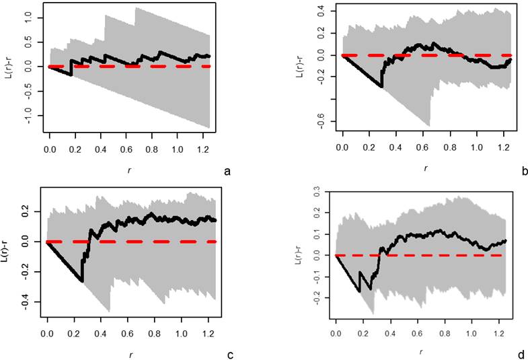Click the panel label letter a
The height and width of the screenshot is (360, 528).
(x=227, y=172)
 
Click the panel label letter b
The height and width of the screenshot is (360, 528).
(x=524, y=172)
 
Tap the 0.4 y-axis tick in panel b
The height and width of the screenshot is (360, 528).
(x=322, y=10)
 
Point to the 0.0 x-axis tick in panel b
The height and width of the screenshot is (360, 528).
(x=343, y=145)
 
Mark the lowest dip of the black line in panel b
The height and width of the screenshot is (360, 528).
(x=382, y=87)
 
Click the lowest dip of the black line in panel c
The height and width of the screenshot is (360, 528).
(x=82, y=281)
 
